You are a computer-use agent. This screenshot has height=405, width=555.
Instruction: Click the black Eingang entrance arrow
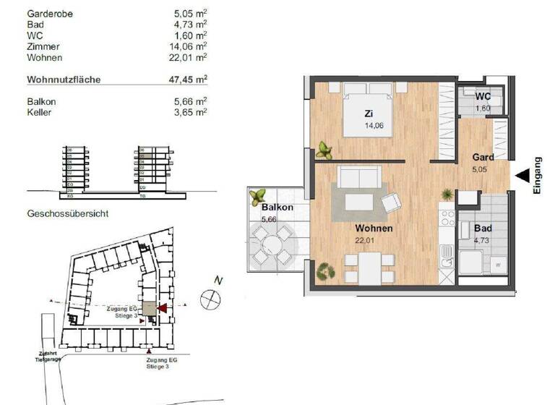coord(522,174)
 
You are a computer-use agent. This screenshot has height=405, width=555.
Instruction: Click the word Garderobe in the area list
coord(50,14)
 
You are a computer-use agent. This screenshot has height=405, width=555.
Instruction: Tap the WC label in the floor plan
coord(483,98)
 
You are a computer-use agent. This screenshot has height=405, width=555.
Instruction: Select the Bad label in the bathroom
coord(483,229)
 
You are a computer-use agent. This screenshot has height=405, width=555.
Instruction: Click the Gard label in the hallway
coord(483,158)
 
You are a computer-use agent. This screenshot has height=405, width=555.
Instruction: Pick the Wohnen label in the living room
coord(374,229)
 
